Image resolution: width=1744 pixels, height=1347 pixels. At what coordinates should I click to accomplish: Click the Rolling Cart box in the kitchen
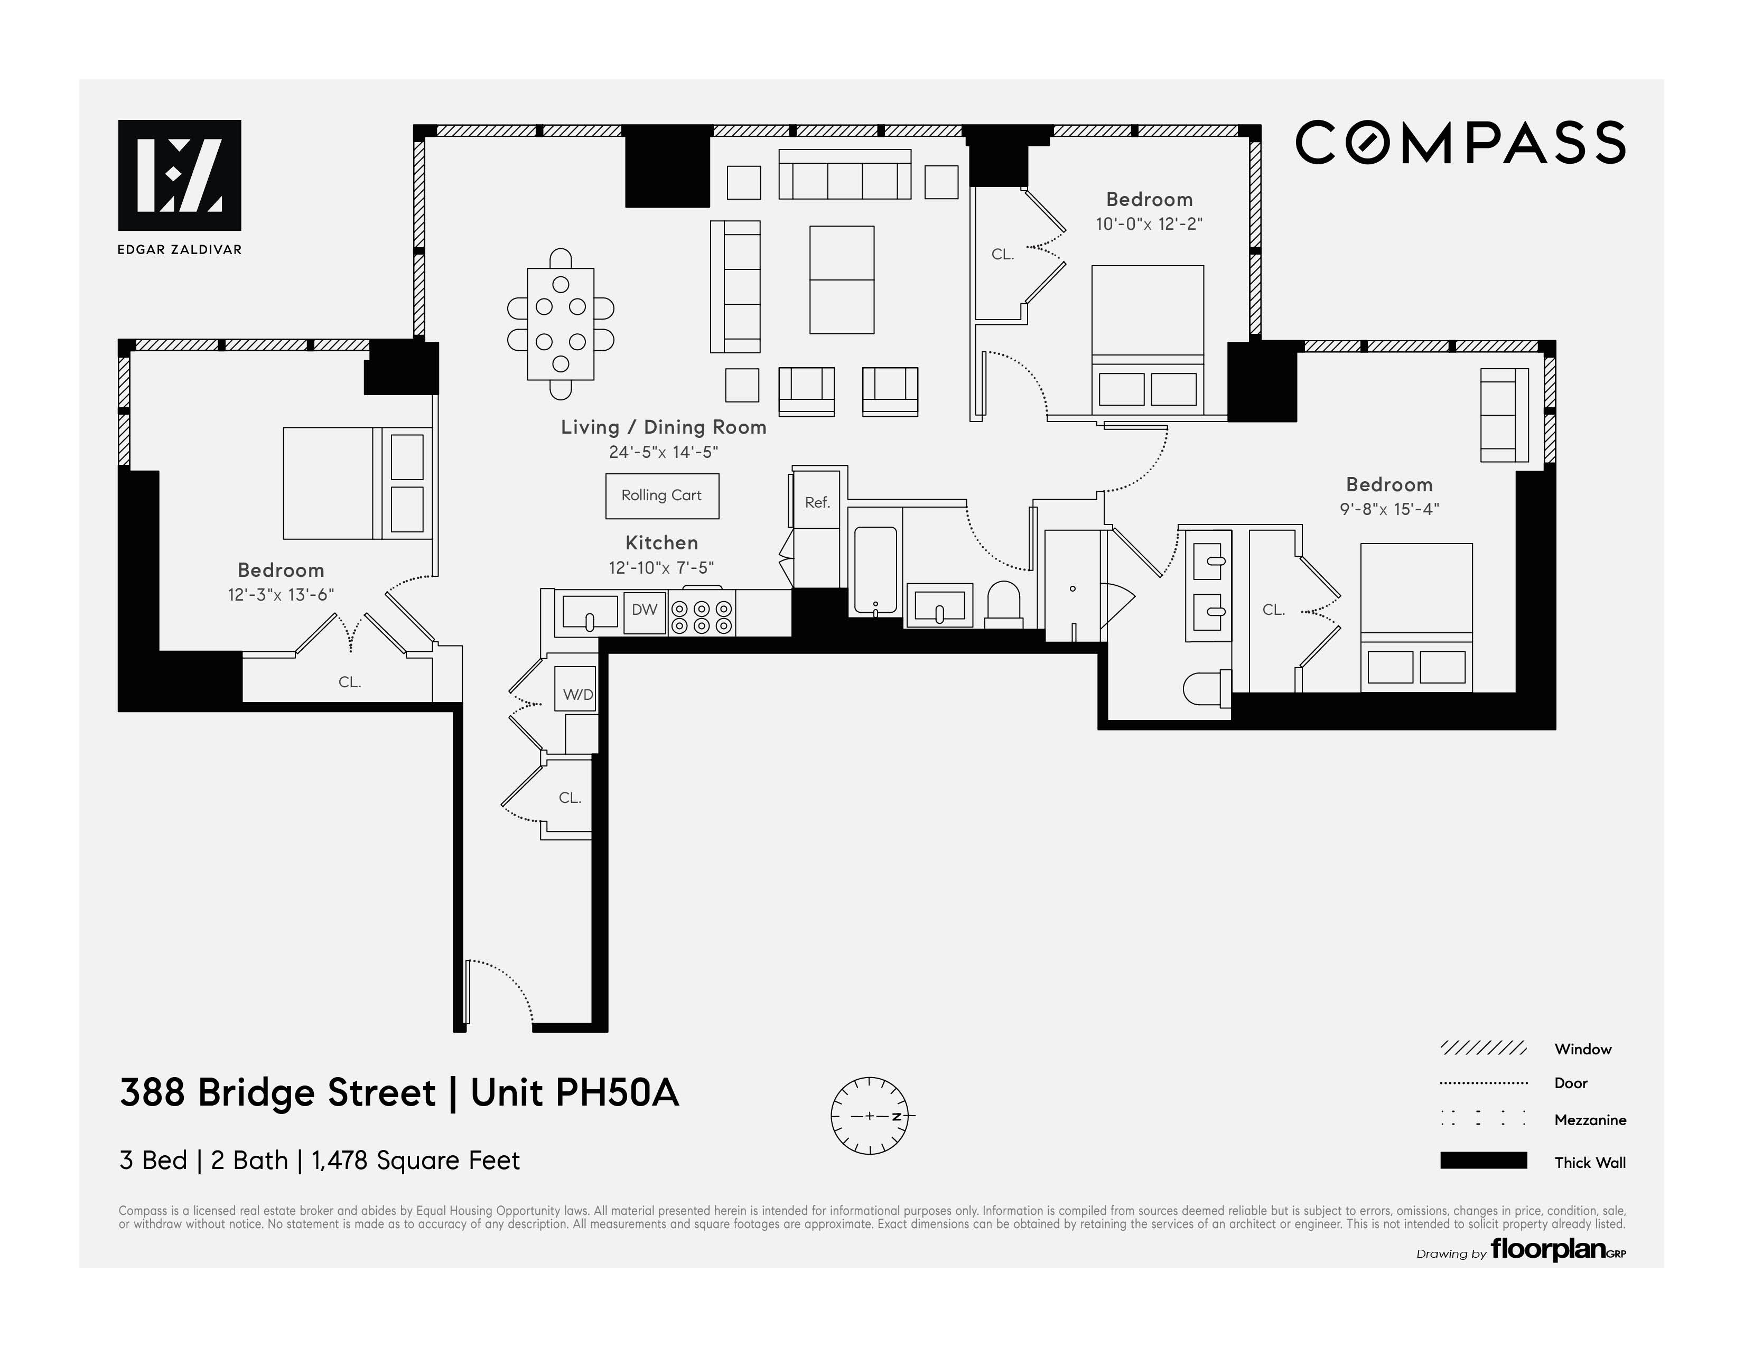[661, 496]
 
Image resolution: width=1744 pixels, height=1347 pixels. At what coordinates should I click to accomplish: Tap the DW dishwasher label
[645, 611]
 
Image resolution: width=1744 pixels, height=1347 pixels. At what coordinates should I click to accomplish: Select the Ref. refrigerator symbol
[817, 502]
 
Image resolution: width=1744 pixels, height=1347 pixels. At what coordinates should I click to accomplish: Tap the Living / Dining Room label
[663, 427]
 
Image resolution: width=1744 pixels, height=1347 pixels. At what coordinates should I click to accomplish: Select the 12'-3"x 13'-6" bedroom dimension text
[281, 595]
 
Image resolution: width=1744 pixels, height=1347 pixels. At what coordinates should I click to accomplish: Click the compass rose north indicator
[870, 1116]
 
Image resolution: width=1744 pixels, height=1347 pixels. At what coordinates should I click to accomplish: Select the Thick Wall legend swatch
[1483, 1161]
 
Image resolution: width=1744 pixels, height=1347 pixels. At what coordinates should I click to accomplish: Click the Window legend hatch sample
[1483, 1049]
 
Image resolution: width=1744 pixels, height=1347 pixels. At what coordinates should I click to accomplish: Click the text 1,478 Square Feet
[415, 1160]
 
